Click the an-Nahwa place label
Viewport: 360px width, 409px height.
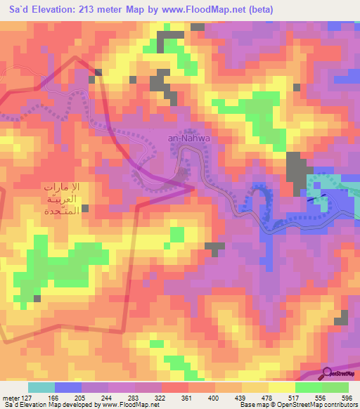(189, 138)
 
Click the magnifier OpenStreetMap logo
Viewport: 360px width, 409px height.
(328, 374)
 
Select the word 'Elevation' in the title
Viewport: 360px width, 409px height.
(57, 10)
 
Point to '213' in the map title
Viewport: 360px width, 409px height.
(97, 10)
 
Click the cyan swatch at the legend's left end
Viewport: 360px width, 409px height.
(41, 387)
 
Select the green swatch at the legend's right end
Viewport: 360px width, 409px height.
(335, 387)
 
